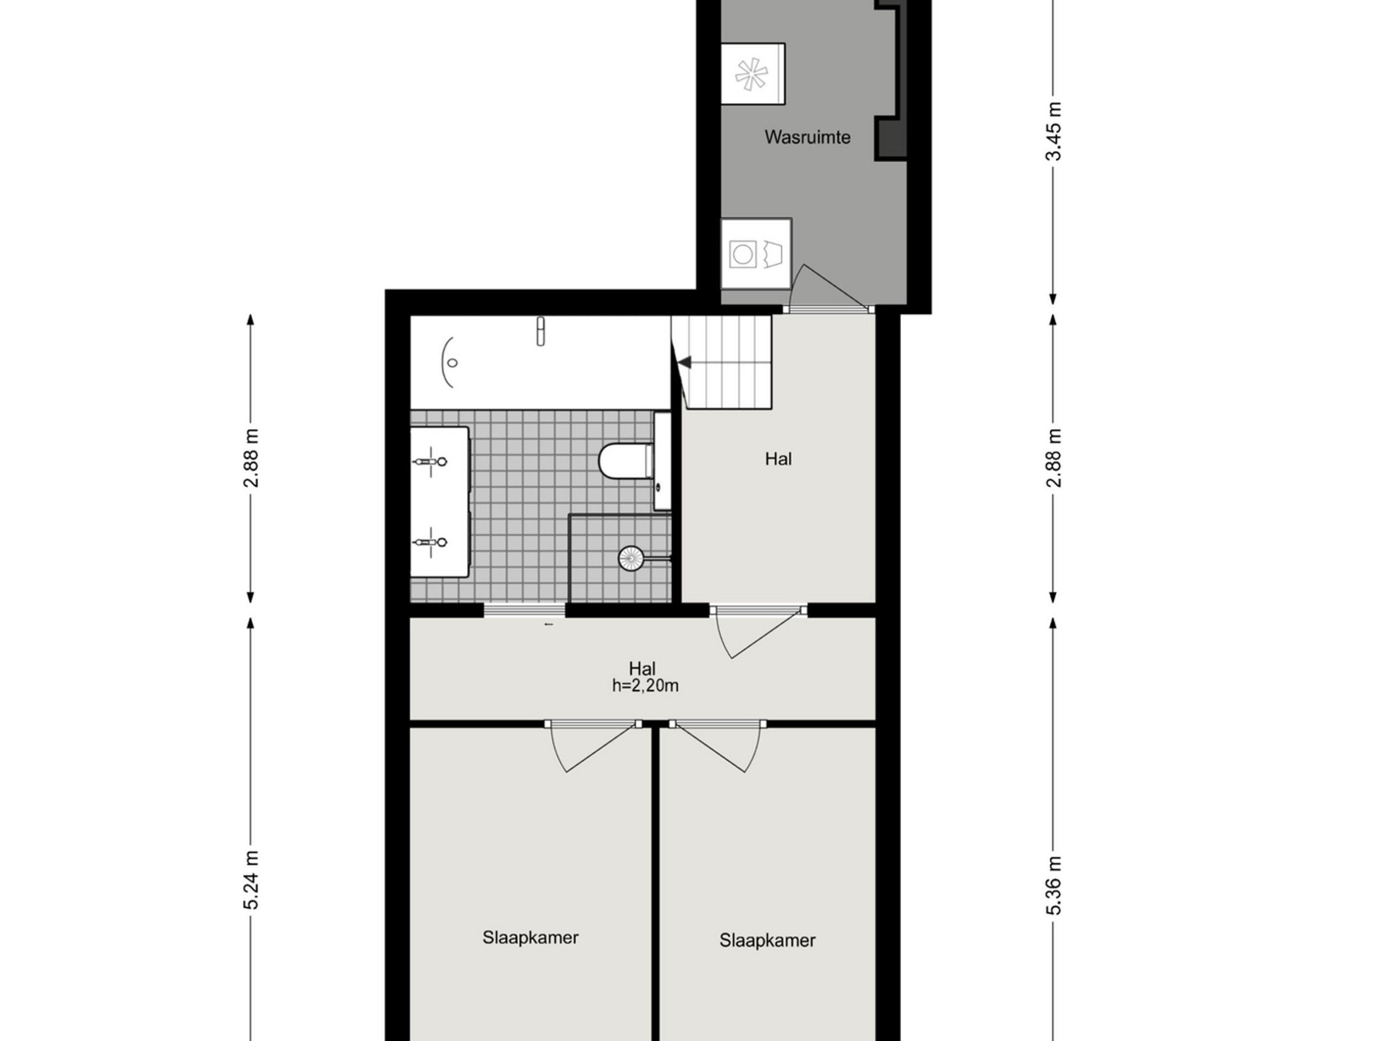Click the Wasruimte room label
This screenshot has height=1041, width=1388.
tap(807, 137)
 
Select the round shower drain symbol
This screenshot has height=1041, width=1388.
tap(631, 558)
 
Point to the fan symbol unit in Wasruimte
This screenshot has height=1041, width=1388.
tap(751, 74)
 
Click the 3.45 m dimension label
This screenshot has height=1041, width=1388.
tap(1053, 132)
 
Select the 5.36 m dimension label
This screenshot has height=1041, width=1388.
tap(1053, 885)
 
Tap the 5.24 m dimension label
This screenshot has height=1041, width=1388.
tap(251, 880)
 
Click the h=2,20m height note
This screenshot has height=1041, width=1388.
tap(645, 686)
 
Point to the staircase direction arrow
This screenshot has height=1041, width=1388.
tap(685, 362)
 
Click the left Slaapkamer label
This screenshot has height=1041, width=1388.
tap(530, 937)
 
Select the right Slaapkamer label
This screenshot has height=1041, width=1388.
tap(767, 941)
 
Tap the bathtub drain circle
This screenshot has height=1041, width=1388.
tap(452, 363)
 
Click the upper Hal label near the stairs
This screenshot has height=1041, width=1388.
tap(778, 459)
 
